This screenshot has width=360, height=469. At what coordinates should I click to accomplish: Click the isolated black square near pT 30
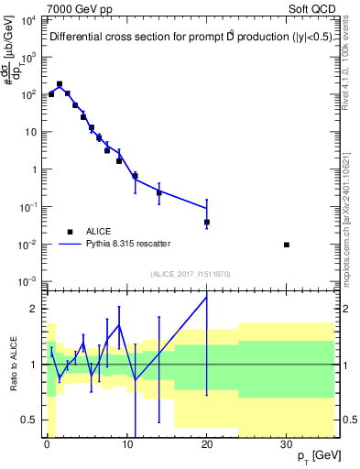point(287,245)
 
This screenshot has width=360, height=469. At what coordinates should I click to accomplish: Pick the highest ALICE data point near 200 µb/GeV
point(60,83)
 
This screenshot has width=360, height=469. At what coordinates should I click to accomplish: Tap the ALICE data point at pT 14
point(159,192)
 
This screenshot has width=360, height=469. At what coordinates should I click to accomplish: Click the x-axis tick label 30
point(287,445)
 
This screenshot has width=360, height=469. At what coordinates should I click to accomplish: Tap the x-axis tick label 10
point(126,445)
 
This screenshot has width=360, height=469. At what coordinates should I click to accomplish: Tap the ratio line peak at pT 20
point(207,297)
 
